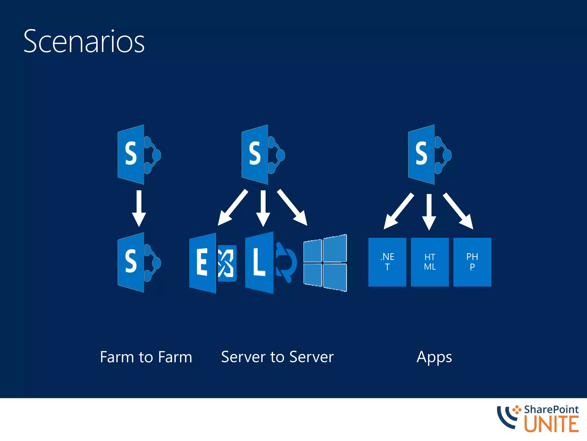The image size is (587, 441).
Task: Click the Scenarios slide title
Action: coord(84,42)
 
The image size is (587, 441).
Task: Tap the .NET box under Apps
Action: coord(387,262)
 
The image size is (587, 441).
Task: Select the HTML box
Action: coord(430,262)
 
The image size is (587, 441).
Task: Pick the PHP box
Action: coord(472,262)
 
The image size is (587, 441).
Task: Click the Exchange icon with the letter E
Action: coord(212,263)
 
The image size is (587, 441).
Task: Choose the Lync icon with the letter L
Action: coord(270,263)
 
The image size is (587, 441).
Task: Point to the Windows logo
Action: coord(325,263)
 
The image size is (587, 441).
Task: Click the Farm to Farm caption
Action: coord(146,357)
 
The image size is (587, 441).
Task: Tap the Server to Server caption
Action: coord(277,357)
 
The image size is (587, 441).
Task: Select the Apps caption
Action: coord(434,357)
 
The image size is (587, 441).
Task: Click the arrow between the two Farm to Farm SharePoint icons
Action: coord(139,208)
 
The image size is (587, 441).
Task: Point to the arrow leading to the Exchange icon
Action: coord(232,207)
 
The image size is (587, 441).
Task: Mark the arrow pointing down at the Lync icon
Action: coord(263,208)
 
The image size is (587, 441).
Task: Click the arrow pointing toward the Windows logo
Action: coord(292,207)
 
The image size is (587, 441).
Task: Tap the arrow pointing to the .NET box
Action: coord(399,211)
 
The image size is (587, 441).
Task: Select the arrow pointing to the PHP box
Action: coord(458,211)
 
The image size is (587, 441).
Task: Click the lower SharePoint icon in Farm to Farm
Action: coord(139,262)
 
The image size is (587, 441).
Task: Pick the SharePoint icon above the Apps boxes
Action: coord(429,155)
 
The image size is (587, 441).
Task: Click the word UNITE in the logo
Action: coord(551,424)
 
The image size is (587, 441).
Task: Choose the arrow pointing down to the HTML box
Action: coord(429,212)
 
